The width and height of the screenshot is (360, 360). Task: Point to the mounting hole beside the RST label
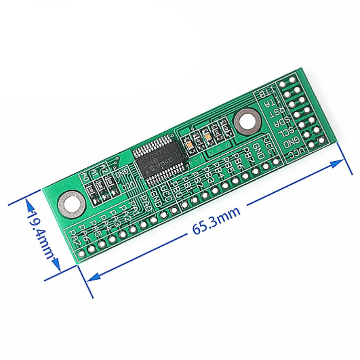pyautogui.click(x=248, y=121)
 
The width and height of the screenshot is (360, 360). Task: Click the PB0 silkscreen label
pyautogui.click(x=175, y=187)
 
